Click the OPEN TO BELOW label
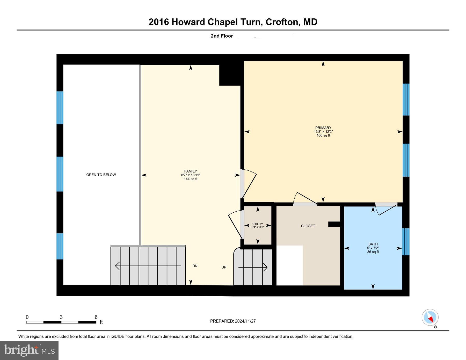101,175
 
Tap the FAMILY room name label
191,171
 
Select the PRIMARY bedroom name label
323,128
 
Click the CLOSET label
308,226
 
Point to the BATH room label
373,244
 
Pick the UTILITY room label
258,224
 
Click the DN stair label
195,266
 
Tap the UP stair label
224,267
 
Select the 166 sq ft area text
323,135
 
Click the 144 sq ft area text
191,179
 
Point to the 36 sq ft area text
373,252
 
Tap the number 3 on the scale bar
61,317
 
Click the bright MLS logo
29,350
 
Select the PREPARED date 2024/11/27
245,321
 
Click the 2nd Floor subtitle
222,36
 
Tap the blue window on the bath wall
406,242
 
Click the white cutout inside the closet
289,265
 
